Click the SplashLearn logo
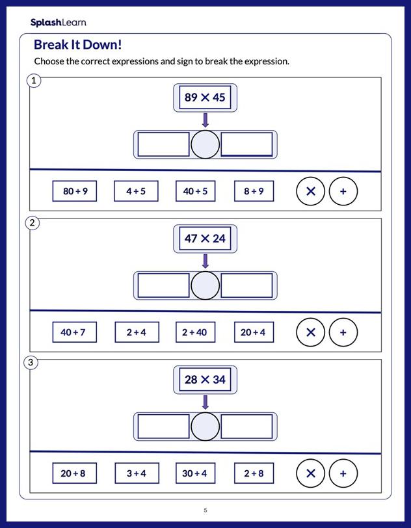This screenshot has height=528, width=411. [58, 22]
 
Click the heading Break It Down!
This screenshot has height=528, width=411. [77, 45]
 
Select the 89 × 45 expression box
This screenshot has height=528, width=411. [205, 98]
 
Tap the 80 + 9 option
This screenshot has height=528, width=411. [75, 191]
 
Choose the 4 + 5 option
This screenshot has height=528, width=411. [136, 191]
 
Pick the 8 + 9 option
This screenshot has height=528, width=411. [254, 191]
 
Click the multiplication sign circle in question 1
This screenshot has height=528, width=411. [310, 191]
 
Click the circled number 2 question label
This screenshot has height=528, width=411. [33, 223]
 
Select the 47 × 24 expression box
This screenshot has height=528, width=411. [205, 239]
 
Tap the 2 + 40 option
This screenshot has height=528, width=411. [195, 332]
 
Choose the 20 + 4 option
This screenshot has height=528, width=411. [254, 332]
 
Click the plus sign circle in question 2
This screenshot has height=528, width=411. [343, 332]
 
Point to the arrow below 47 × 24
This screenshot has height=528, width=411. [205, 261]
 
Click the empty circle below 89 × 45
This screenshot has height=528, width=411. [205, 144]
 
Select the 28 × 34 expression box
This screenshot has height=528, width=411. [205, 380]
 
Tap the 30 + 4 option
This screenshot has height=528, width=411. [195, 473]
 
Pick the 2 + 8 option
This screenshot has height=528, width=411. [254, 473]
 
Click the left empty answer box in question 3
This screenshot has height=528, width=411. [163, 427]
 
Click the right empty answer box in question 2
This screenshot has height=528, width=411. [246, 285]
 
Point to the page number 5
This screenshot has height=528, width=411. [205, 510]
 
